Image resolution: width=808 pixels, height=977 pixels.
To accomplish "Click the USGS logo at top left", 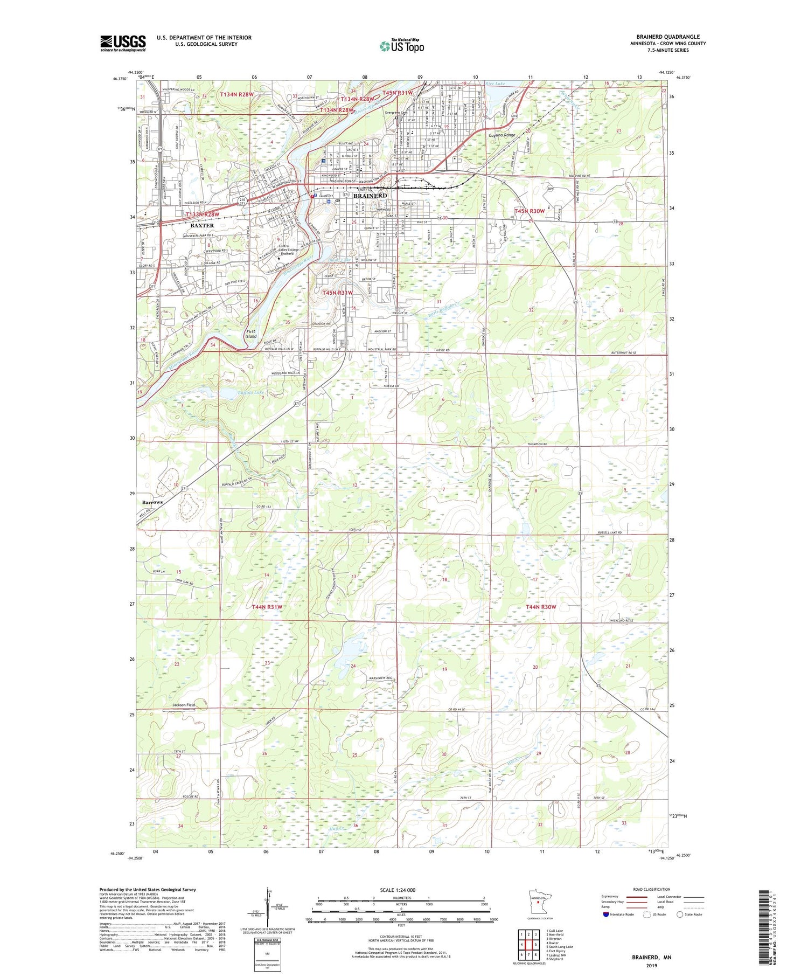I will click(x=123, y=43).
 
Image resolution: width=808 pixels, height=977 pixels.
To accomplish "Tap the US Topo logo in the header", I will click(x=402, y=46).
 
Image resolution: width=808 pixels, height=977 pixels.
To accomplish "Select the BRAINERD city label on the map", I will click(x=370, y=196).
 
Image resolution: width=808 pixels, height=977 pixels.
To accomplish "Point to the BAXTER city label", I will click(x=202, y=225).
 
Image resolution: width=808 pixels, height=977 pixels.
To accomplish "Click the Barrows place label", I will click(x=152, y=502).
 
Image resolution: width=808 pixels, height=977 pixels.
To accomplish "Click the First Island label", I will click(x=251, y=334).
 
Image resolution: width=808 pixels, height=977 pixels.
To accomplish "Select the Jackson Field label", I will click(x=184, y=705).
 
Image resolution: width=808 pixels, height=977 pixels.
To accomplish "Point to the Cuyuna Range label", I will click(x=502, y=135).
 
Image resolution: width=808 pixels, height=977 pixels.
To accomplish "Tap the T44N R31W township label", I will click(x=267, y=607).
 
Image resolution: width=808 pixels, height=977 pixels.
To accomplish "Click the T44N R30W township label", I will click(x=540, y=607).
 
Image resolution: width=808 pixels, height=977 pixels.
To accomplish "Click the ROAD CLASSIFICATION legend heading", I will click(x=652, y=889).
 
